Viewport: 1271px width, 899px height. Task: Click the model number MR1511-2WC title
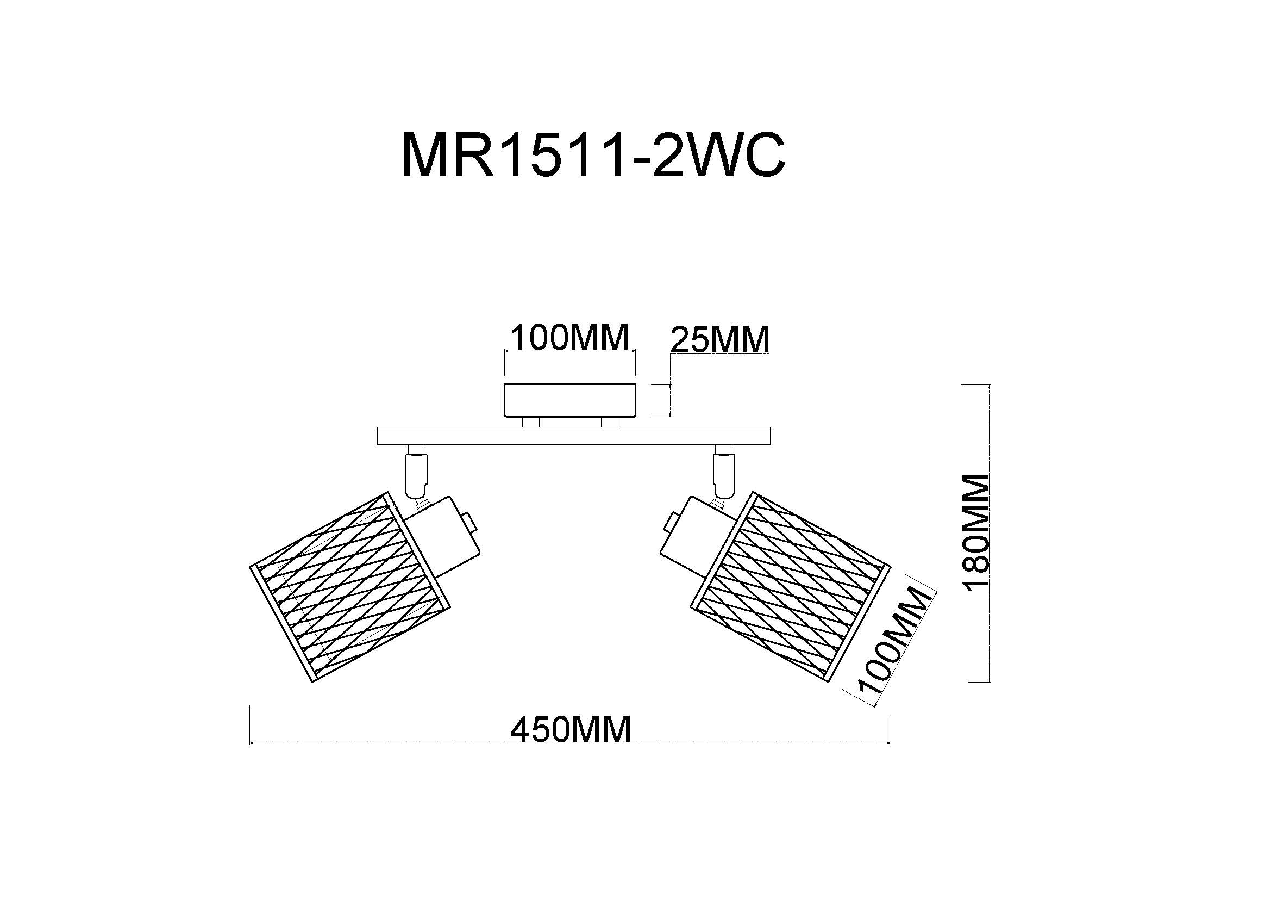click(x=593, y=156)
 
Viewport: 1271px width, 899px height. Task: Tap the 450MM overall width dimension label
click(x=571, y=729)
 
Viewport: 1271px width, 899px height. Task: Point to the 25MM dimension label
click(x=719, y=339)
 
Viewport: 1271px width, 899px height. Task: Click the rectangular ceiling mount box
click(x=570, y=400)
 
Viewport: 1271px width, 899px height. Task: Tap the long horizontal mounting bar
click(x=573, y=436)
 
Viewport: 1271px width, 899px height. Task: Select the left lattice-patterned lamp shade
click(x=349, y=587)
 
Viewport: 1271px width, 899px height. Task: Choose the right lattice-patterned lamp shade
click(x=791, y=587)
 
